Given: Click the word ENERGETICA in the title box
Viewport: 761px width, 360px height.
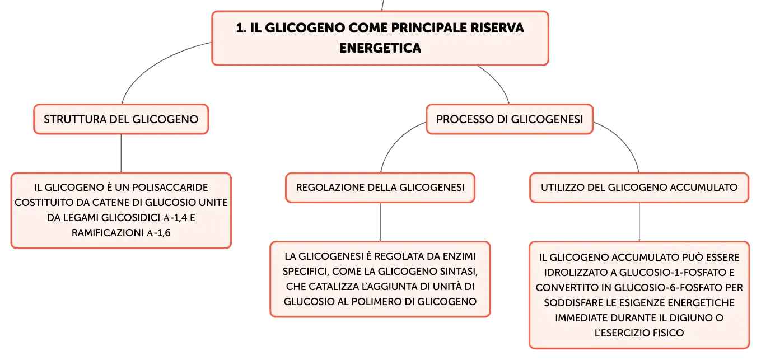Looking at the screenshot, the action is click(380, 48).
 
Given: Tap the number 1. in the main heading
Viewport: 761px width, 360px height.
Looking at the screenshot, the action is click(241, 28).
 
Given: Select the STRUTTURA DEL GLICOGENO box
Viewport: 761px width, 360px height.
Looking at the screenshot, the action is click(121, 119).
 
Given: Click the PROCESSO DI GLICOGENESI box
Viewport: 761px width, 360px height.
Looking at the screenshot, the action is click(510, 119).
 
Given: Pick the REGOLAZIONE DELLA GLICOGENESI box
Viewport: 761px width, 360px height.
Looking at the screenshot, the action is click(380, 188).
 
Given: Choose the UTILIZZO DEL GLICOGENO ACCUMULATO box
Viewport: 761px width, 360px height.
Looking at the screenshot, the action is click(639, 188).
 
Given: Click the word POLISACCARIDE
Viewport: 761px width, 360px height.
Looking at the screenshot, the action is click(170, 188).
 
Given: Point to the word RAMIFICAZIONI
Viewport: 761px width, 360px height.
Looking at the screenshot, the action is click(108, 233).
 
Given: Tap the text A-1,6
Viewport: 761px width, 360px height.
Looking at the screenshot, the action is click(158, 233).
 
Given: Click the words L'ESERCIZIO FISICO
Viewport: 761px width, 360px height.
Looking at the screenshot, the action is click(639, 333).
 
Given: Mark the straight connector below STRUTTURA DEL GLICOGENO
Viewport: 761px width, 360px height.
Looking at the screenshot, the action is click(121, 153).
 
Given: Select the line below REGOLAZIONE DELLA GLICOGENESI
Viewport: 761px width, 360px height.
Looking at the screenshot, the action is click(380, 222).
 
